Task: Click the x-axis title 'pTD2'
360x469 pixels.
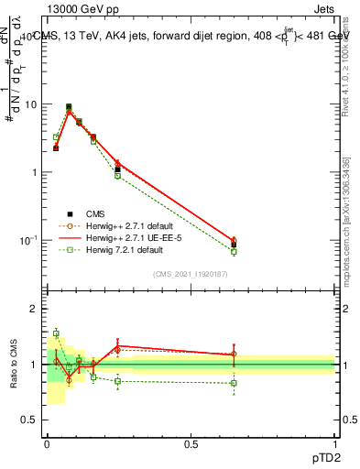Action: tap(322, 455)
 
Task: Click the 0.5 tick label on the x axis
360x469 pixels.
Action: tap(191, 442)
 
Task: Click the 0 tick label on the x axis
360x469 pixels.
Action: tap(47, 442)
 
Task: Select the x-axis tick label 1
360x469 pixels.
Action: tap(335, 442)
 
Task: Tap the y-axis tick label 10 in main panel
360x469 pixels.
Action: tap(30, 104)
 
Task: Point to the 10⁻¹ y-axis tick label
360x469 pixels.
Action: tap(28, 240)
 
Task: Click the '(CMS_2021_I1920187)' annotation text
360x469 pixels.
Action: tap(191, 273)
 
